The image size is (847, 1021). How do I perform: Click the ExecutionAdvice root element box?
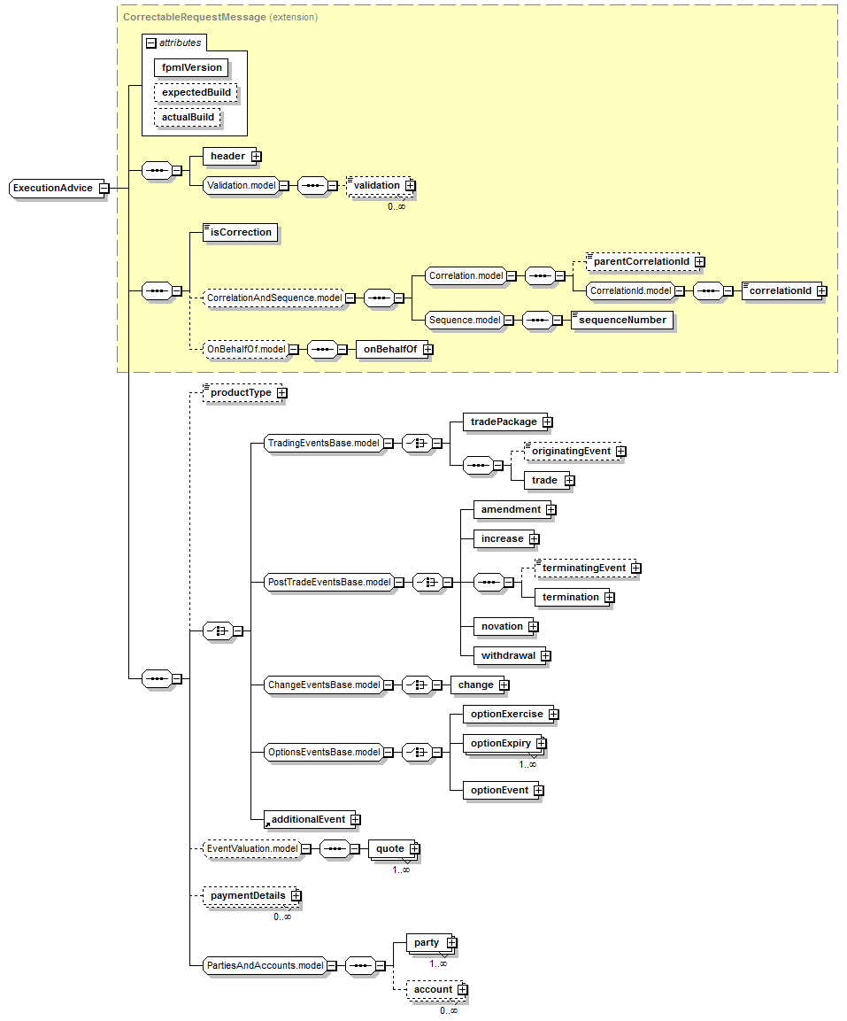tap(53, 188)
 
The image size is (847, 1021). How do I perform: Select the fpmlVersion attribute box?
tap(191, 67)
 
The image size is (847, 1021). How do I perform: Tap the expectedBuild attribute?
tap(196, 92)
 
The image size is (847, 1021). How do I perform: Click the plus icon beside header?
tap(257, 157)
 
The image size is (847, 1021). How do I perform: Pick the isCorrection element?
tap(240, 233)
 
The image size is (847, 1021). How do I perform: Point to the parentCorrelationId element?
tap(642, 262)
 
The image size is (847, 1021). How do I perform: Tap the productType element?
tap(241, 392)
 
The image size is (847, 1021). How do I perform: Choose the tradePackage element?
tap(504, 422)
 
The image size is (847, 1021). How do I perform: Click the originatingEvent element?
tap(571, 452)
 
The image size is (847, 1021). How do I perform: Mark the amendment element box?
tap(511, 509)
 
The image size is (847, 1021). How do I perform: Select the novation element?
tap(502, 626)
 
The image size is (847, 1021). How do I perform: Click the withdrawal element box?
tap(508, 655)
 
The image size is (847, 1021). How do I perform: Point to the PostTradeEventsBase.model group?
tap(328, 582)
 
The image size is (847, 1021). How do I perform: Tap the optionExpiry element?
tap(501, 744)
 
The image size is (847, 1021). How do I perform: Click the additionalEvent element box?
tap(308, 819)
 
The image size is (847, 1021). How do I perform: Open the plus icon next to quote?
tap(413, 849)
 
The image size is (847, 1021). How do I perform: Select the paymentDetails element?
tap(248, 895)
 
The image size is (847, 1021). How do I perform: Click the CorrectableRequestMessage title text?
tap(195, 17)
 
